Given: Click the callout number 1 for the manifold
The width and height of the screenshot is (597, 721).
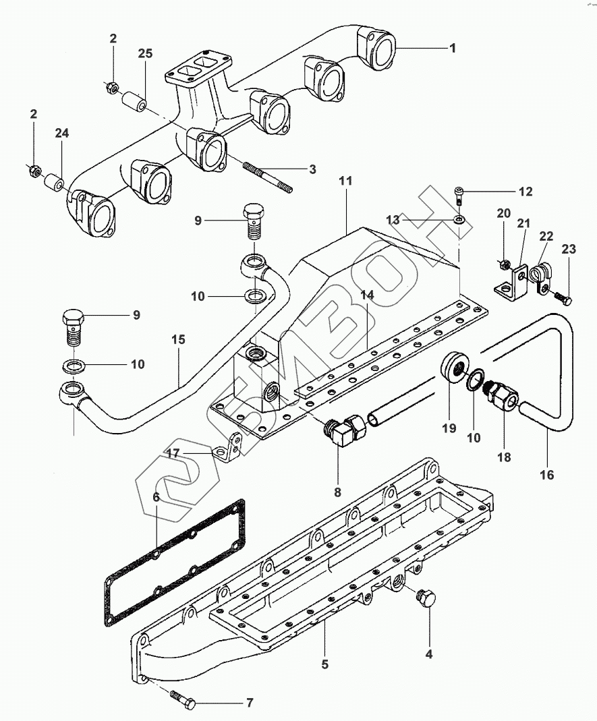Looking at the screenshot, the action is [x=453, y=48].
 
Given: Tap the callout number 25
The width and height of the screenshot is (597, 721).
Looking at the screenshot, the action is [x=145, y=53].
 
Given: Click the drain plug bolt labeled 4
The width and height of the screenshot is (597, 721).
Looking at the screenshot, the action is [x=425, y=598].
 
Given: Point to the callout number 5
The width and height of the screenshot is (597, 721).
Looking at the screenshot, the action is [x=324, y=664].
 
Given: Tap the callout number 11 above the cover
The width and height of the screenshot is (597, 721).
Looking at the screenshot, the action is [x=345, y=181].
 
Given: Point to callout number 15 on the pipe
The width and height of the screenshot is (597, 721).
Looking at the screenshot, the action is [x=178, y=339].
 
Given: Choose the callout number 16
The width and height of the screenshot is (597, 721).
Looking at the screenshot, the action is [x=547, y=474].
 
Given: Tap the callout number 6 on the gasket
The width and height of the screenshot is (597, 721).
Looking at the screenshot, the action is [x=156, y=497].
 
